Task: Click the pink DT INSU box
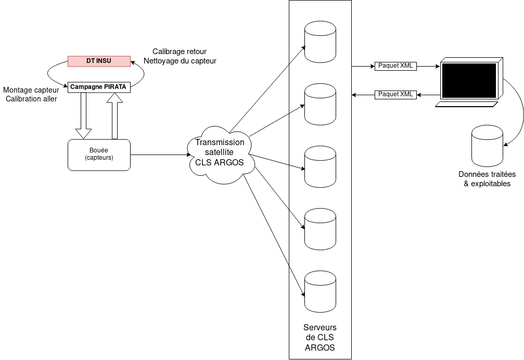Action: pyautogui.click(x=99, y=61)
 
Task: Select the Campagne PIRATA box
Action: pyautogui.click(x=99, y=87)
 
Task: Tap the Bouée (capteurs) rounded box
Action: pyautogui.click(x=99, y=155)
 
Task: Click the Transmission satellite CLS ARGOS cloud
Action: pyautogui.click(x=219, y=153)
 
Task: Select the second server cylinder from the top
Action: pyautogui.click(x=320, y=104)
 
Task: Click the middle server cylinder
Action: pyautogui.click(x=320, y=166)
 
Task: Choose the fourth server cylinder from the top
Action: pyautogui.click(x=320, y=229)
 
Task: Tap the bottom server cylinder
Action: pyautogui.click(x=320, y=291)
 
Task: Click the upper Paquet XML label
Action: pyautogui.click(x=395, y=66)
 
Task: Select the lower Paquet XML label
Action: pyautogui.click(x=395, y=95)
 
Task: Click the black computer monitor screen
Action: pyautogui.click(x=469, y=81)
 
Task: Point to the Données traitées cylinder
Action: pyautogui.click(x=487, y=145)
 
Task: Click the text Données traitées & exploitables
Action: pyautogui.click(x=487, y=179)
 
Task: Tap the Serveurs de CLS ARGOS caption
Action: pyautogui.click(x=320, y=338)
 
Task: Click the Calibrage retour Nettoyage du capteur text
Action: pyautogui.click(x=180, y=56)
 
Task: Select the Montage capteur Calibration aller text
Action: pyautogui.click(x=31, y=94)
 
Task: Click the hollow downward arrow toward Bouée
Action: pyautogui.click(x=83, y=117)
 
